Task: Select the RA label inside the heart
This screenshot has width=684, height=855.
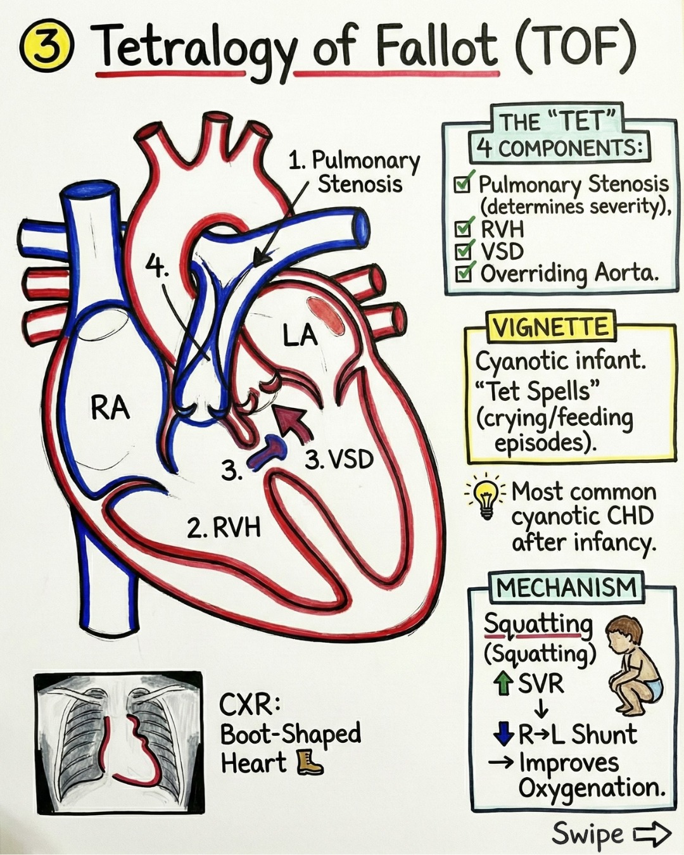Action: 110,408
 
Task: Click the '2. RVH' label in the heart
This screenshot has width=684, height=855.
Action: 224,528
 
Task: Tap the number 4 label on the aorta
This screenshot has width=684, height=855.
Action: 157,265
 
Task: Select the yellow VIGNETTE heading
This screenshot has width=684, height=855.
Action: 550,327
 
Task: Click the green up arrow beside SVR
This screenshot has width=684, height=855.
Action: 503,683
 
